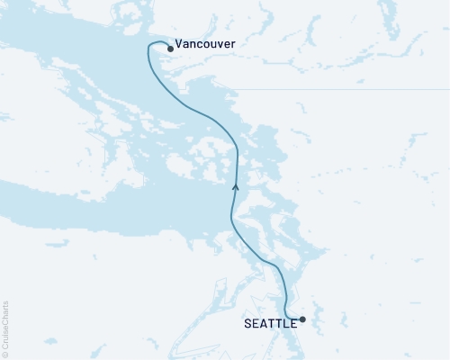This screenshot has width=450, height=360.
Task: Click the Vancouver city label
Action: click(x=205, y=42)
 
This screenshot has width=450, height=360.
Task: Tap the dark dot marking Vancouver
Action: click(x=169, y=49)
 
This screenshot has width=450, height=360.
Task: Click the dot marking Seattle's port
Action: click(x=302, y=319)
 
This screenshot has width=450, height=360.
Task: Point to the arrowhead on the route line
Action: click(x=235, y=186)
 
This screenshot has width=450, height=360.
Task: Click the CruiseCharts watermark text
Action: click(x=5, y=329)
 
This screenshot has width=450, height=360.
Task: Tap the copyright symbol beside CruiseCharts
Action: click(x=5, y=355)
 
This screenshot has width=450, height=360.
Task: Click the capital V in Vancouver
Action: click(x=179, y=42)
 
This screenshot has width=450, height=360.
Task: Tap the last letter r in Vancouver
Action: click(x=234, y=42)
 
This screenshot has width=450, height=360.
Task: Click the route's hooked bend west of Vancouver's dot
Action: click(x=149, y=47)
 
